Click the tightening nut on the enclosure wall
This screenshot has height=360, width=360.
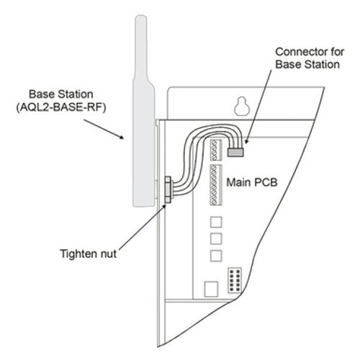click(x=167, y=190)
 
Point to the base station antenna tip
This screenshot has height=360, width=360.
click(x=141, y=22)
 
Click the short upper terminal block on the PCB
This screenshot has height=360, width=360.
click(x=217, y=149)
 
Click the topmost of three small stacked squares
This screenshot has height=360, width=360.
click(x=216, y=221)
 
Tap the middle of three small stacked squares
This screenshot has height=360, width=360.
click(x=216, y=238)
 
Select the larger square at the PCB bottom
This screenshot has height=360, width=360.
click(x=210, y=289)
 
